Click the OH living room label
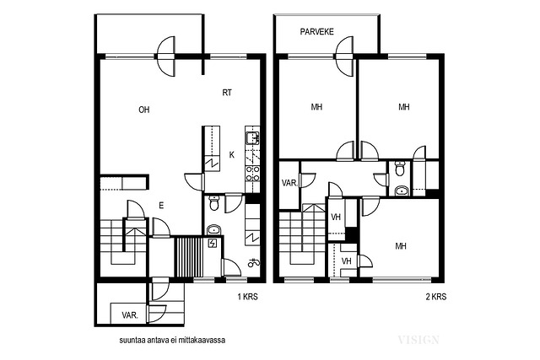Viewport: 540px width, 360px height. point(144,110)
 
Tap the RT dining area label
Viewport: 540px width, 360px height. point(227,93)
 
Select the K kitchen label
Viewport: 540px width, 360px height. point(232,155)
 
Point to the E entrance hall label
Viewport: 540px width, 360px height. point(161,206)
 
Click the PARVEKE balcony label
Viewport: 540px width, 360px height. point(317,32)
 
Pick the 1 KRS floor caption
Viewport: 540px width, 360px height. point(247,296)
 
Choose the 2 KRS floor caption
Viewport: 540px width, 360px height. point(436,296)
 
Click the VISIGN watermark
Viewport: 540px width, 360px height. point(418,340)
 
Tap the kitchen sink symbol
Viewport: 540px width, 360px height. point(252,138)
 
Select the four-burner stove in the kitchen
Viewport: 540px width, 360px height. point(252,174)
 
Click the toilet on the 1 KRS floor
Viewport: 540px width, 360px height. point(213,203)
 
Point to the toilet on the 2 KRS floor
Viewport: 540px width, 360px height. point(399,169)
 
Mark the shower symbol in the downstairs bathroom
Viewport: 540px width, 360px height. point(254,263)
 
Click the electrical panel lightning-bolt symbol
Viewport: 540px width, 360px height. point(213,244)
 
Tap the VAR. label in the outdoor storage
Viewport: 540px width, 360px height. point(130,315)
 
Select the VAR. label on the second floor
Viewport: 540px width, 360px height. point(289,183)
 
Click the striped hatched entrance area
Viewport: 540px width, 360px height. point(188,256)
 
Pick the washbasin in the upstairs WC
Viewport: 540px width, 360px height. point(402,191)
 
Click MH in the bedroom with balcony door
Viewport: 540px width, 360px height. point(316,107)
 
